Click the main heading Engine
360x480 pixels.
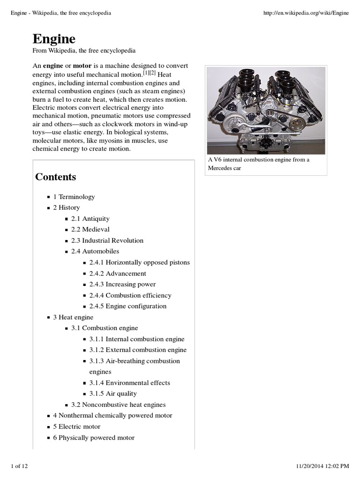coord(54,38)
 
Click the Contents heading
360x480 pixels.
coord(55,177)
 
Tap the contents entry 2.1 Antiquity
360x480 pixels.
coord(90,218)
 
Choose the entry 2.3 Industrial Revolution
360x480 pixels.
coord(107,240)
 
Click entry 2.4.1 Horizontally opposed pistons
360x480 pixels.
coord(139,262)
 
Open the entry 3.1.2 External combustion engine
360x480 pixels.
coord(137,350)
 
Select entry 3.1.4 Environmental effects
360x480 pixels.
coord(129,382)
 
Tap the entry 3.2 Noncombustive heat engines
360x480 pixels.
coord(118,405)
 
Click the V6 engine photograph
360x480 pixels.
coord(266,111)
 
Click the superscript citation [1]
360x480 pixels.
coord(146,73)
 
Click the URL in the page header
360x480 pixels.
coord(307,13)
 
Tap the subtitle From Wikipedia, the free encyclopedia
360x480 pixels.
coord(84,50)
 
